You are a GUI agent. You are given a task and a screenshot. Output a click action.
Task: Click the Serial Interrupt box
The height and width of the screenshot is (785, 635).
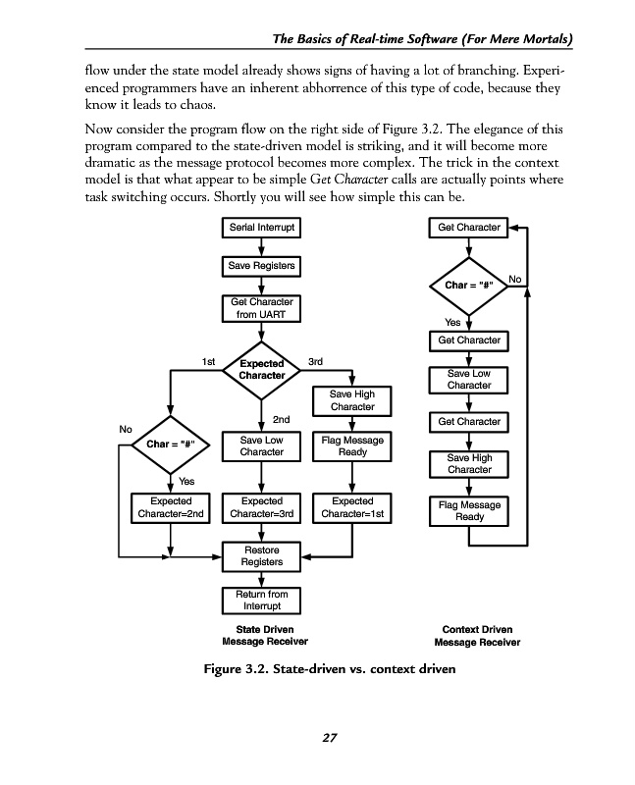point(261,228)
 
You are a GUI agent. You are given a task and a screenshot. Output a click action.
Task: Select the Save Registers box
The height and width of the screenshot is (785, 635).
point(261,266)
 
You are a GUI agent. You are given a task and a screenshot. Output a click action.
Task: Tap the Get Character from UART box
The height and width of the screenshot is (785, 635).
point(261,308)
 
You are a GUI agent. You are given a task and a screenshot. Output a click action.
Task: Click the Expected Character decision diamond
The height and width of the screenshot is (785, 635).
point(261,369)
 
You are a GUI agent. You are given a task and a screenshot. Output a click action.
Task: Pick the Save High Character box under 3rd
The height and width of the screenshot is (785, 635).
point(352,400)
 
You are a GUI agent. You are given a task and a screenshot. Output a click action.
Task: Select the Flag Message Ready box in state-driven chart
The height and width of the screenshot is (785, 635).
point(352,446)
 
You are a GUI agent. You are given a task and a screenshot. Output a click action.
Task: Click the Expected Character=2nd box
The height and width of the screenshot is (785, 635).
point(171,507)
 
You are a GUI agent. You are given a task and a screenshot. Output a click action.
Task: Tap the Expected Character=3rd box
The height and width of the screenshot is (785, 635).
point(261,507)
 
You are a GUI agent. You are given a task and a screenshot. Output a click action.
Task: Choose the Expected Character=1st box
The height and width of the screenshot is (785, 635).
point(352,507)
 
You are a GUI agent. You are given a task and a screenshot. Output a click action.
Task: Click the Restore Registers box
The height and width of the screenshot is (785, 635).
point(261,556)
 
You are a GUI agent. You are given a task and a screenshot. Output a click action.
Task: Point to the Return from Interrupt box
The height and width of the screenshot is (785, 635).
point(261,600)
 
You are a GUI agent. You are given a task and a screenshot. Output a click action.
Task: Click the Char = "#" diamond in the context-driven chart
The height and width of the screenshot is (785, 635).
point(469,286)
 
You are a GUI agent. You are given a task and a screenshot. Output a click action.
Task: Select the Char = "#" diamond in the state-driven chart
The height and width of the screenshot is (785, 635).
point(171,445)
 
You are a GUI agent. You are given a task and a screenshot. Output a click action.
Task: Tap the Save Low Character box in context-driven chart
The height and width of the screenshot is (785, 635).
point(469,379)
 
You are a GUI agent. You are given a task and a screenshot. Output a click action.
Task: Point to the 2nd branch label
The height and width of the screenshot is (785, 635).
point(280,419)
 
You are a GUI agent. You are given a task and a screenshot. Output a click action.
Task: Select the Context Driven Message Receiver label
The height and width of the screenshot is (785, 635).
point(477,636)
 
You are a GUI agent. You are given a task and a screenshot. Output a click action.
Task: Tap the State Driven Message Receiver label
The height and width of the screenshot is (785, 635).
point(258,636)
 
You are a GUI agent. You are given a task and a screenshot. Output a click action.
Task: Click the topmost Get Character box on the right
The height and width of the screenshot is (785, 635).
point(469,228)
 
